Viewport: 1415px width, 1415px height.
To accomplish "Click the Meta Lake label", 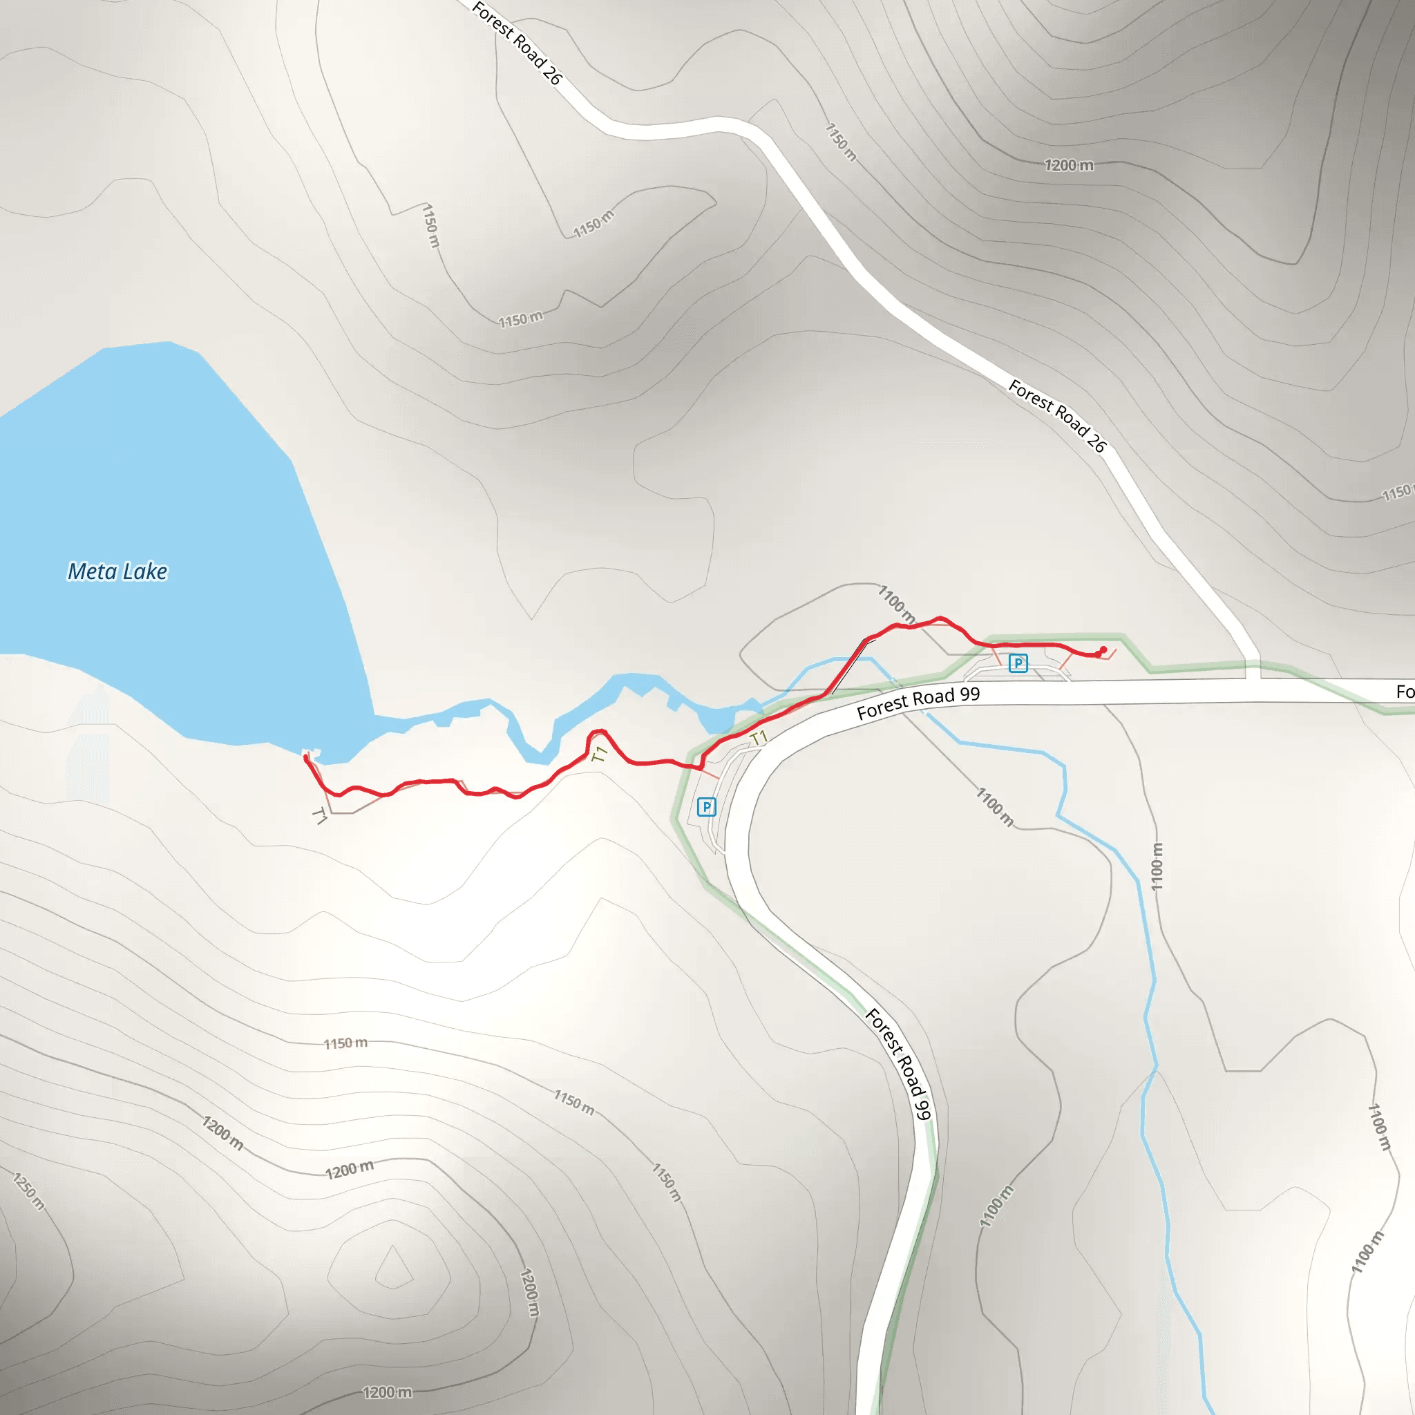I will tap(117, 571).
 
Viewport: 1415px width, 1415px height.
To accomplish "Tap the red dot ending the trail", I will tap(1103, 649).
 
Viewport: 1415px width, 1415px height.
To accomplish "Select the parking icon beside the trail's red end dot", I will tap(1018, 663).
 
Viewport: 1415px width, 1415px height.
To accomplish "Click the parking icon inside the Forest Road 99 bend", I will tap(706, 807).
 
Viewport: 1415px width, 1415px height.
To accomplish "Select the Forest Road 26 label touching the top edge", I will tap(516, 42).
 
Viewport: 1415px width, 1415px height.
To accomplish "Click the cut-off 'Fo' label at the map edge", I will tap(1404, 692).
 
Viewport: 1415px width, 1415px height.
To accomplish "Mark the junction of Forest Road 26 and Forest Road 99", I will tap(1253, 681).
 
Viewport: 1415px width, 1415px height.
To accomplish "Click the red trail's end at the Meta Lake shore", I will tap(306, 758).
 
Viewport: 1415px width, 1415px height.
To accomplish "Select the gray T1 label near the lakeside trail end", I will tap(320, 815).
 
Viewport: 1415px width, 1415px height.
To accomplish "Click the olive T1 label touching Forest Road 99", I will tap(759, 737).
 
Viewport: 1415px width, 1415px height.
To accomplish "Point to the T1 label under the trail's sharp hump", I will tap(600, 754).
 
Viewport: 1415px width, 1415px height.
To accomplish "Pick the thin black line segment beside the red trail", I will tap(853, 666).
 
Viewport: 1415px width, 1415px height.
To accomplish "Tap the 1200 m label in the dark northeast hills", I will tap(1069, 166).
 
